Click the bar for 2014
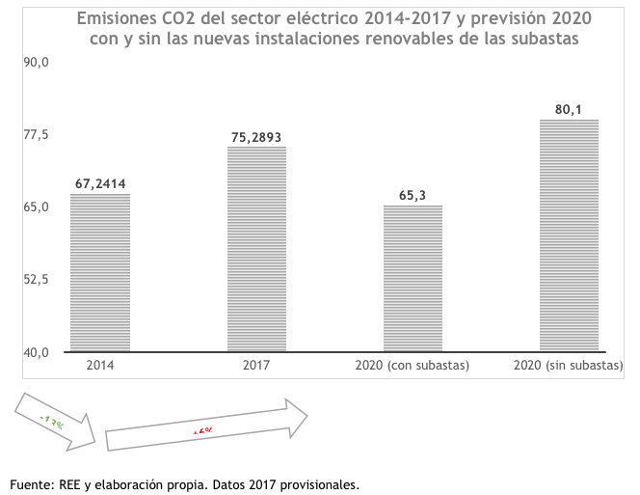[100, 273]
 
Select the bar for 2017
[256, 249]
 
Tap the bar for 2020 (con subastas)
[413, 278]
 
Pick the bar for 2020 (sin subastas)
[569, 235]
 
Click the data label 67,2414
[100, 183]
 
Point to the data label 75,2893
[256, 137]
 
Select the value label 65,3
[413, 195]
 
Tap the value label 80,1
[569, 109]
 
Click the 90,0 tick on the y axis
[37, 62]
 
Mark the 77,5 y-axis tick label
[37, 134]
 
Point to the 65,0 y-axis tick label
[37, 206]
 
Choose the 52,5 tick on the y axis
[37, 280]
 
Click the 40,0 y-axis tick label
[37, 352]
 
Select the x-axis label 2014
[100, 366]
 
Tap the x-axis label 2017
[256, 366]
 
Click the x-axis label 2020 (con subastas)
[413, 366]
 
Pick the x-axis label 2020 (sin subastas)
[569, 366]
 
